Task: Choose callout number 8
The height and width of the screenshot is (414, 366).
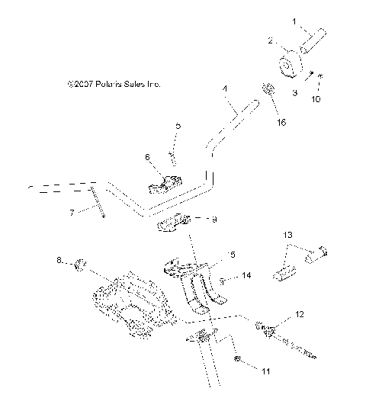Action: [59, 262]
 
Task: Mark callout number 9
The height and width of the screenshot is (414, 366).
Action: [214, 220]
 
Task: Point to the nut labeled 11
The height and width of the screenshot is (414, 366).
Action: [239, 358]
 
